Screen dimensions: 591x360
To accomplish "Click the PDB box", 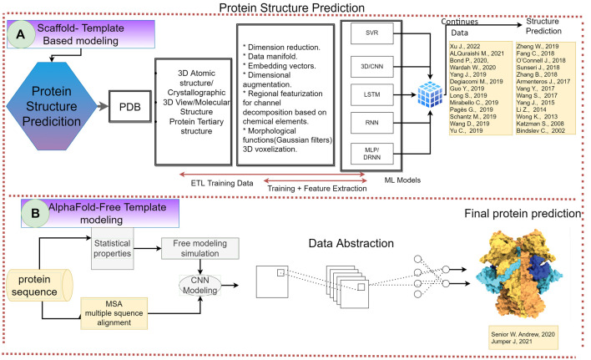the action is click(130, 107).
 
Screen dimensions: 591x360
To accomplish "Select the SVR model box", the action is click(371, 33).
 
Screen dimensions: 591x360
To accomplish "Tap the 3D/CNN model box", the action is click(371, 66).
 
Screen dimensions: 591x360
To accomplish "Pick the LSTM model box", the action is click(371, 94).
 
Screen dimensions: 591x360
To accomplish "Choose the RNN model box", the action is click(371, 123).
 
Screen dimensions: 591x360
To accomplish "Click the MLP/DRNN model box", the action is click(371, 154).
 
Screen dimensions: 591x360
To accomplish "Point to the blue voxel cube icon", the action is click(430, 94).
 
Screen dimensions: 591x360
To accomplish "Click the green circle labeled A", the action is click(21, 34).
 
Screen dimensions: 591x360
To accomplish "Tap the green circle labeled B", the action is click(35, 213).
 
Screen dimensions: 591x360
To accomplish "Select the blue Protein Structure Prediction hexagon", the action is click(52, 106).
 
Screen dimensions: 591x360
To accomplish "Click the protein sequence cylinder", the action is click(39, 285).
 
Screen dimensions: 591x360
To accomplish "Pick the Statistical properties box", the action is click(113, 248).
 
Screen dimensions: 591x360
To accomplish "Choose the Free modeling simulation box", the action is click(200, 248).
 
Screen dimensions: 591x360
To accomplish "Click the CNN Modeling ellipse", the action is click(200, 286).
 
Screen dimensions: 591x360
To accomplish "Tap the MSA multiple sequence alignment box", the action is click(114, 313).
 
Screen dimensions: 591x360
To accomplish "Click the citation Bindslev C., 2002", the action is click(540, 130).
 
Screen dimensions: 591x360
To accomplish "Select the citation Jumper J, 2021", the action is click(512, 341).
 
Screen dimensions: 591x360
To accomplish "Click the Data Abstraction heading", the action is click(351, 244).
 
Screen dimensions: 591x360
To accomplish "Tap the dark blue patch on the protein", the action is click(539, 266).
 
